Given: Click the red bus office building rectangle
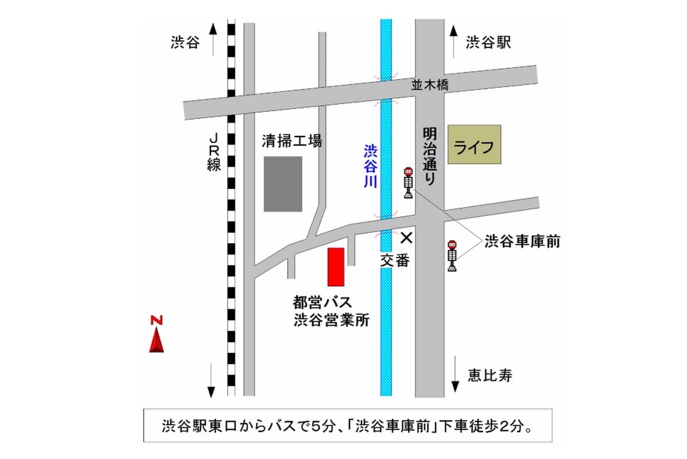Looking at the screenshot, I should coord(336,267).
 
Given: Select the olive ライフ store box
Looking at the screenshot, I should coord(474,145).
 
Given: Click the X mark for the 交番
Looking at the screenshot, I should coord(406,237).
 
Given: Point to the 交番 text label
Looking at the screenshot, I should coord(395,260).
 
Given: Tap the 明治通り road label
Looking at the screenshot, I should coord(429,155).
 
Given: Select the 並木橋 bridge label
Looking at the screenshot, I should coord(430,85).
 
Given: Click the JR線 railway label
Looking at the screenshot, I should coord(214,153).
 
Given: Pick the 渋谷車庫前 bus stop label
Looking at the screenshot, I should coord(522,242).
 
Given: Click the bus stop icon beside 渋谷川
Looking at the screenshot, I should coord(408,183).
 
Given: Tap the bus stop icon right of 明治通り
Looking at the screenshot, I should coord(452,256).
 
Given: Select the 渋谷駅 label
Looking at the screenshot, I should coord(488,42).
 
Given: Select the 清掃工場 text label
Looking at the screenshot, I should coord(292,141).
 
